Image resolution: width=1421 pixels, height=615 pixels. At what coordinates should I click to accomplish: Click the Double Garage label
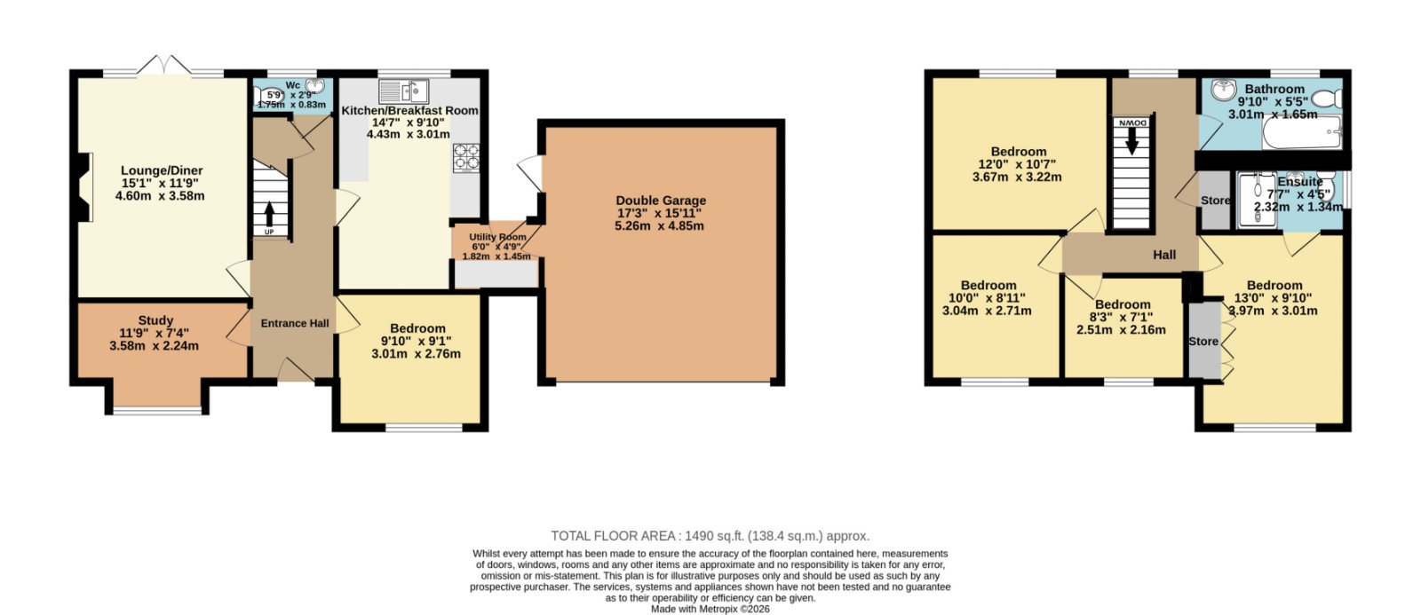(661, 201)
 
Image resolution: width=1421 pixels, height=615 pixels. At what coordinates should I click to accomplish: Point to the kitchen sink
(404, 91)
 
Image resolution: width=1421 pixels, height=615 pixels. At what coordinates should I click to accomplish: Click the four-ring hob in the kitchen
(467, 158)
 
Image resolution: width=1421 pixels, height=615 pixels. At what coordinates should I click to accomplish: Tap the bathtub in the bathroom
(1302, 132)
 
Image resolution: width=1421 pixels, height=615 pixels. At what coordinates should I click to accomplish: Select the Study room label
(155, 320)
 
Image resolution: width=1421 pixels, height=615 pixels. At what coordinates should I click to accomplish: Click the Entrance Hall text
(295, 323)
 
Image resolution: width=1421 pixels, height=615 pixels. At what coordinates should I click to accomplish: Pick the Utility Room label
(498, 236)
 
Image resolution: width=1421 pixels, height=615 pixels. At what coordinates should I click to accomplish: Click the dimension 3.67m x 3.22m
(1017, 177)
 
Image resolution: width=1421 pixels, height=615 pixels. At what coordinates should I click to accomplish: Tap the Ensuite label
(1300, 182)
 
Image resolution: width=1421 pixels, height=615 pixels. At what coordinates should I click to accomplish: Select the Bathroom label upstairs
(1274, 90)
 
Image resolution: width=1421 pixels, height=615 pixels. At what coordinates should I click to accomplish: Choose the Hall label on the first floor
(1164, 255)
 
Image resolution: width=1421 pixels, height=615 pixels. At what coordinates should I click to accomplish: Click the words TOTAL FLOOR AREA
(613, 536)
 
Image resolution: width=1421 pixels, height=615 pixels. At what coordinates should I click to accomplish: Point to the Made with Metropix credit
(710, 609)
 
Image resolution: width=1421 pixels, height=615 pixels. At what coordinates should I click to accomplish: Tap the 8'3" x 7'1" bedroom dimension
(1122, 317)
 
